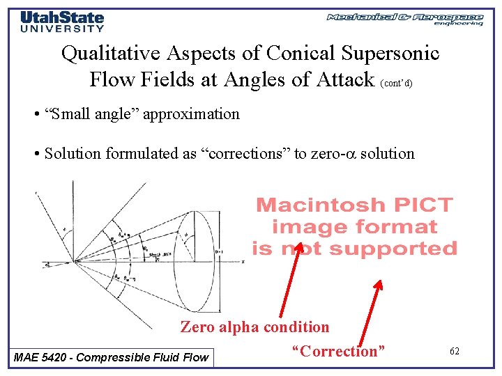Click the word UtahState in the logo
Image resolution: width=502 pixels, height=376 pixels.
(62, 18)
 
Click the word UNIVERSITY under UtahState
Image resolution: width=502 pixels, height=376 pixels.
(62, 29)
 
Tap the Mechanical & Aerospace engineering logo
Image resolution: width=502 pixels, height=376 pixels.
(404, 19)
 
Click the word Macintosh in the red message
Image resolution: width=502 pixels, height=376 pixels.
(321, 205)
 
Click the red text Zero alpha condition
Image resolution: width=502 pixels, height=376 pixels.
(254, 327)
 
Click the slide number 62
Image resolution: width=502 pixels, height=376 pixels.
(454, 352)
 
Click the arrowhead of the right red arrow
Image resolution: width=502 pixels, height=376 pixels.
(379, 283)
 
